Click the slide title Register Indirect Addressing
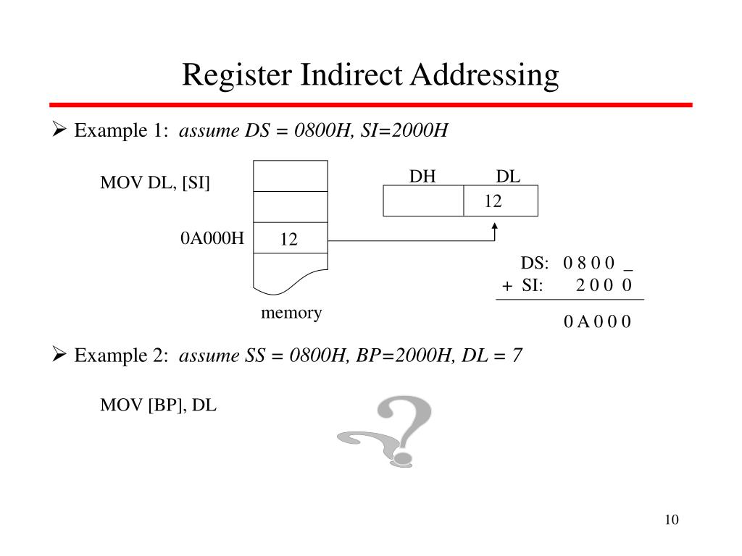pos(370,75)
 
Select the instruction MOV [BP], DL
pos(158,405)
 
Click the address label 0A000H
pos(212,238)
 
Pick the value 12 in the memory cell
pos(289,240)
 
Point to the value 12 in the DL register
pos(493,202)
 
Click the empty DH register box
pos(423,201)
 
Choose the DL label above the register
pos(508,177)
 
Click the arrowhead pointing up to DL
pos(495,227)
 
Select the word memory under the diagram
pos(291,313)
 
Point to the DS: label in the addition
pos(535,263)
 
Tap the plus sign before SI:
pos(507,286)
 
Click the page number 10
pos(670,520)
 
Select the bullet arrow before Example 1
pos(59,131)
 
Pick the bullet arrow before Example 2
pos(59,355)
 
